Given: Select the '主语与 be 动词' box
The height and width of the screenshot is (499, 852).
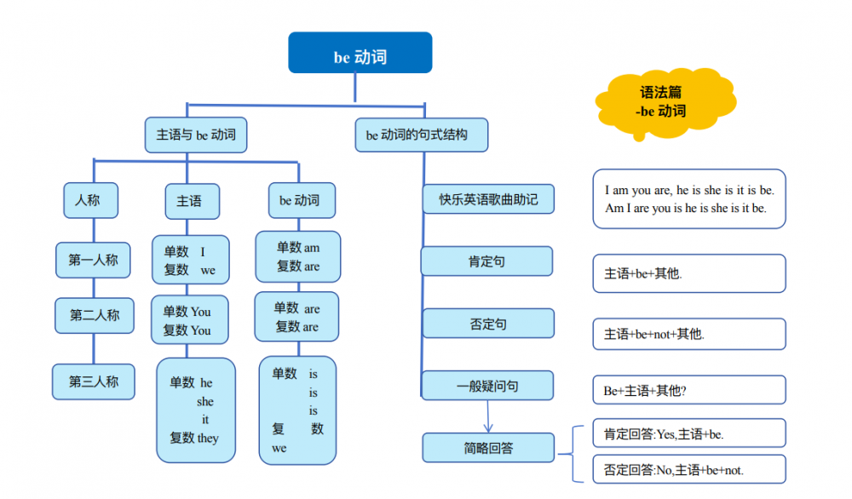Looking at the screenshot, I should pyautogui.click(x=196, y=135).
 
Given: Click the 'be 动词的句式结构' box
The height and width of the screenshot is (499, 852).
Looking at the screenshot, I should pyautogui.click(x=421, y=135).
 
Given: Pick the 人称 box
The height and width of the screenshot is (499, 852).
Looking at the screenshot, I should pyautogui.click(x=90, y=200).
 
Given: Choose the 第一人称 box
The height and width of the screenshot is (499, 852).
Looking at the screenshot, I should pyautogui.click(x=93, y=260).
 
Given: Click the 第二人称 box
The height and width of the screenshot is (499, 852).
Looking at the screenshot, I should pyautogui.click(x=95, y=315).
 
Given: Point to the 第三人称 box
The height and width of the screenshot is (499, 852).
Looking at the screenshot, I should pyautogui.click(x=94, y=381).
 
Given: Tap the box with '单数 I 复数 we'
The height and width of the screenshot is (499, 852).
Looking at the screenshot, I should pyautogui.click(x=190, y=260).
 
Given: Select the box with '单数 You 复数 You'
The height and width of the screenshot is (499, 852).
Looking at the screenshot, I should pyautogui.click(x=190, y=320).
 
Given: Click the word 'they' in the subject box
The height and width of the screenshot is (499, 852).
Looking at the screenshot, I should pyautogui.click(x=208, y=438).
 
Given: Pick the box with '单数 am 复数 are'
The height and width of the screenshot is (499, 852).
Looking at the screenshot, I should pyautogui.click(x=298, y=256).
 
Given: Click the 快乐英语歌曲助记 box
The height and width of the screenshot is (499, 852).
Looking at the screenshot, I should pyautogui.click(x=488, y=199).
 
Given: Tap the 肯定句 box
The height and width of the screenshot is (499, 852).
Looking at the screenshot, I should pyautogui.click(x=486, y=261).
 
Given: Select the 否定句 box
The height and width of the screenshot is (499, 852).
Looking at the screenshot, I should pyautogui.click(x=488, y=324).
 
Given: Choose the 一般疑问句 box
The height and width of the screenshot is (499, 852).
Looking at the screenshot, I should pyautogui.click(x=487, y=386).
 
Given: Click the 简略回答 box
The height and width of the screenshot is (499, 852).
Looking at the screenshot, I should pyautogui.click(x=488, y=447).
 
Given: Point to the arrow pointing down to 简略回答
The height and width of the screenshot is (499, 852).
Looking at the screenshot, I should pyautogui.click(x=488, y=417).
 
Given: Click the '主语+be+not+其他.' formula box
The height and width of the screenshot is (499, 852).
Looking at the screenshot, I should pyautogui.click(x=688, y=334).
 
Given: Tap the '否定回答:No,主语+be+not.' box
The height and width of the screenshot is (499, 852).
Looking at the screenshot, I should pyautogui.click(x=688, y=469).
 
